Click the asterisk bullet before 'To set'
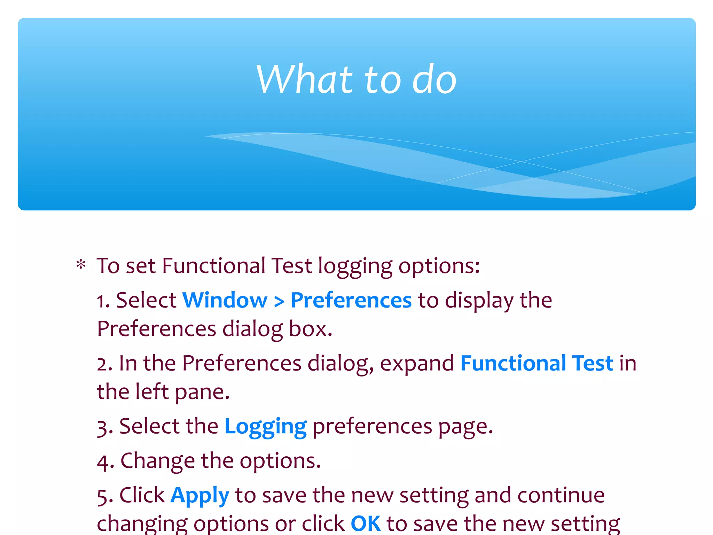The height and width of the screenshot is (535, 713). point(81,265)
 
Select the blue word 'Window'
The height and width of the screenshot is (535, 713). point(225,300)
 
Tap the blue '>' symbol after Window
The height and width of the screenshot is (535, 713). point(279,302)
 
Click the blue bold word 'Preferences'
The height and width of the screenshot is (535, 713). point(351,300)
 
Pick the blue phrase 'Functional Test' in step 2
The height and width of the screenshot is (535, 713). point(536,363)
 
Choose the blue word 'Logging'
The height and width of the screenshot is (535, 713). point(266,427)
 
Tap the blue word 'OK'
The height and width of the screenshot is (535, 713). point(366,524)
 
